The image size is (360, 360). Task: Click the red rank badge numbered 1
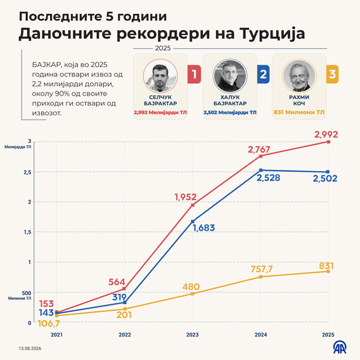point(194,74)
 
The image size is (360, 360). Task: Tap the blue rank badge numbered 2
point(263,74)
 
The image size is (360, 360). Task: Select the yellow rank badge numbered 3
point(332,74)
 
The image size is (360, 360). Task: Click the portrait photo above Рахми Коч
point(299,76)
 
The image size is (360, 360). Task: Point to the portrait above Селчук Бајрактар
point(160,76)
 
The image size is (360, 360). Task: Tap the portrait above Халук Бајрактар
point(230,76)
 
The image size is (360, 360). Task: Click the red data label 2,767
point(259,150)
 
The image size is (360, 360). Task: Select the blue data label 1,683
point(203,228)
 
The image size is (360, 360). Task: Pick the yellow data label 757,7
point(262,269)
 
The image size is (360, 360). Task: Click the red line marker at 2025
point(328,142)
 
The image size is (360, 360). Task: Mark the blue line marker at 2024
point(261,170)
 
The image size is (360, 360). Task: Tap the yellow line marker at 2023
point(193,293)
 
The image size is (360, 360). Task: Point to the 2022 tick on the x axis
point(125,335)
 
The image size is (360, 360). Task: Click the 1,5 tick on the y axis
point(27,232)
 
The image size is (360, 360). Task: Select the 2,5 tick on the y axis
point(27,172)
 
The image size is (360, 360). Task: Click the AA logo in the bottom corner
point(340,348)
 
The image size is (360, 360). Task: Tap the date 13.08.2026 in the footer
point(30,349)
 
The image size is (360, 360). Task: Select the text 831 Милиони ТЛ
point(299,112)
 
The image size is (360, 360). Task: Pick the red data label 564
point(117,282)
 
